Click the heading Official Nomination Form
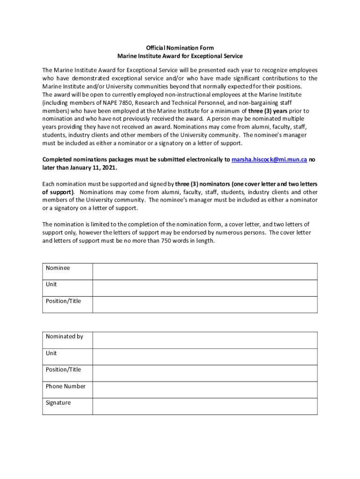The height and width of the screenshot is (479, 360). pyautogui.click(x=180, y=48)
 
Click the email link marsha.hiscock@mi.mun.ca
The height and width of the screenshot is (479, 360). pyautogui.click(x=269, y=160)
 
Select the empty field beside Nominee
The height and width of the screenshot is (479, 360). pyautogui.click(x=205, y=271)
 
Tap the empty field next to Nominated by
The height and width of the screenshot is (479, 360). pyautogui.click(x=205, y=340)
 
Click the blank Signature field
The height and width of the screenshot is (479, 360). pyautogui.click(x=205, y=406)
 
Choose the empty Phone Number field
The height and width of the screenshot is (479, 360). pyautogui.click(x=205, y=390)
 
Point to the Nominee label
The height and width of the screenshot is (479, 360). pyautogui.click(x=58, y=268)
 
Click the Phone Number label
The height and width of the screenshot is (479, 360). pyautogui.click(x=65, y=386)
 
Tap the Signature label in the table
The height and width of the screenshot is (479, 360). pyautogui.click(x=58, y=403)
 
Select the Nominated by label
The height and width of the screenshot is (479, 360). pyautogui.click(x=64, y=336)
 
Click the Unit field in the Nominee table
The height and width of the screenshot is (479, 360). pyautogui.click(x=205, y=288)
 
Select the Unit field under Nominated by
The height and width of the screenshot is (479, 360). pyautogui.click(x=205, y=356)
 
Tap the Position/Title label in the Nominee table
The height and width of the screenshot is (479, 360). pyautogui.click(x=63, y=301)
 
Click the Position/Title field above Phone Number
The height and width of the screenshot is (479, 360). pyautogui.click(x=205, y=373)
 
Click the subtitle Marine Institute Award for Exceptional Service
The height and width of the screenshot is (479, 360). pyautogui.click(x=180, y=56)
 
